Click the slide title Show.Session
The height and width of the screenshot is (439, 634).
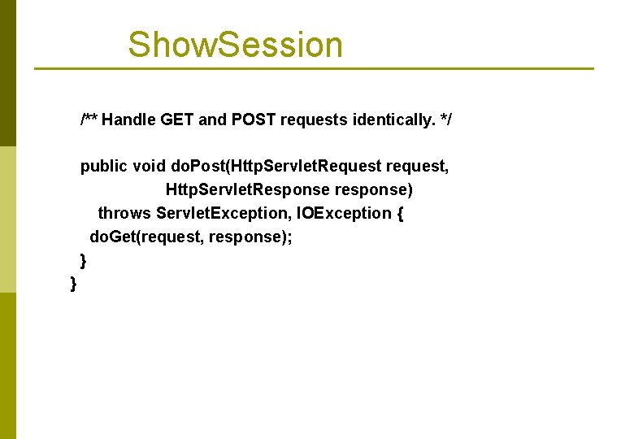pyautogui.click(x=235, y=45)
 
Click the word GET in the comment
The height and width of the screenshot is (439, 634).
pyautogui.click(x=177, y=120)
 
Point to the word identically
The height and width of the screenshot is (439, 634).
pyautogui.click(x=393, y=120)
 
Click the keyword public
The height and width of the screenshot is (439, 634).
pyautogui.click(x=103, y=167)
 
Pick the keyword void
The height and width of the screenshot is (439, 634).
pyautogui.click(x=149, y=167)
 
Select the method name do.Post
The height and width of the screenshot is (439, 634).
pyautogui.click(x=198, y=167)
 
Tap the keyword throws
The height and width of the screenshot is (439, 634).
pyautogui.click(x=124, y=213)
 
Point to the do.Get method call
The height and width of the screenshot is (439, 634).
pyautogui.click(x=119, y=237)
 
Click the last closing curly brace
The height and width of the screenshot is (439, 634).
pyautogui.click(x=74, y=283)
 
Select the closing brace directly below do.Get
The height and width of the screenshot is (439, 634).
pyautogui.click(x=83, y=259)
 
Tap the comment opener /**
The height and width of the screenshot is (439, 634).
pyautogui.click(x=89, y=120)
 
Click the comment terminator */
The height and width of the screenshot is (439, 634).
pyautogui.click(x=445, y=120)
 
